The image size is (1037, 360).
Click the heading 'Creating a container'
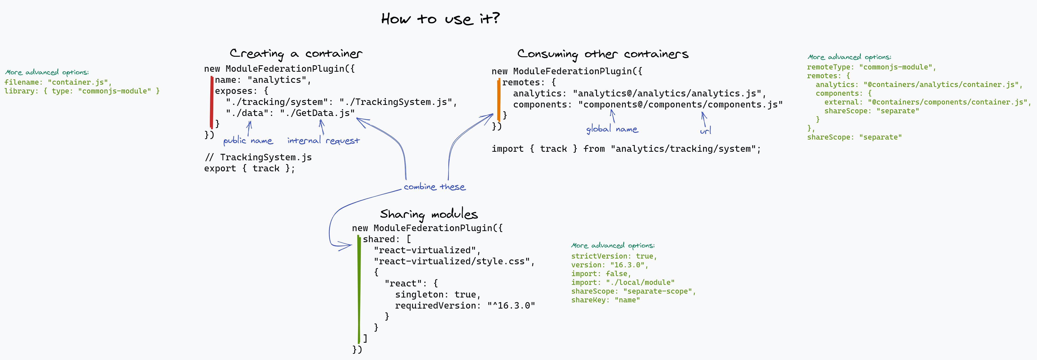coord(296,54)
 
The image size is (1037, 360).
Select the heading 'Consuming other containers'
coord(603,54)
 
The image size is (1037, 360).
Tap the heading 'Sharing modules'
coord(429,214)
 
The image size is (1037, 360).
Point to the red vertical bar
coord(212,102)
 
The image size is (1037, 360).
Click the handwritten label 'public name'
coord(248,140)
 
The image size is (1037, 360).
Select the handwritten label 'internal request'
coord(323,140)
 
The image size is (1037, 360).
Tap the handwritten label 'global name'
coord(612,129)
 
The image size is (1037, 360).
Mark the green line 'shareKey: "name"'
coord(605,300)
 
